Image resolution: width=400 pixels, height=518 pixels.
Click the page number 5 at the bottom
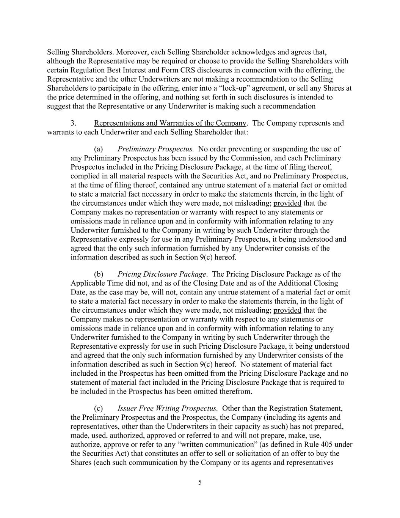[200, 482]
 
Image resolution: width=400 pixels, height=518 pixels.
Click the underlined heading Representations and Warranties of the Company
[170, 123]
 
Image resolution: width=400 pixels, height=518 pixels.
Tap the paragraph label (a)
[98, 149]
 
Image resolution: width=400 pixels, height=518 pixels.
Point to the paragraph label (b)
[99, 274]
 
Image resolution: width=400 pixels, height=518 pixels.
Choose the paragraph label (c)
[98, 408]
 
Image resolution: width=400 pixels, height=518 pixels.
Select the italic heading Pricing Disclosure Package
[162, 274]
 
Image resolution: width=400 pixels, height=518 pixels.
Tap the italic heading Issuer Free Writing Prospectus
[168, 408]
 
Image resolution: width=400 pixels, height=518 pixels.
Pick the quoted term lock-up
[236, 88]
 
